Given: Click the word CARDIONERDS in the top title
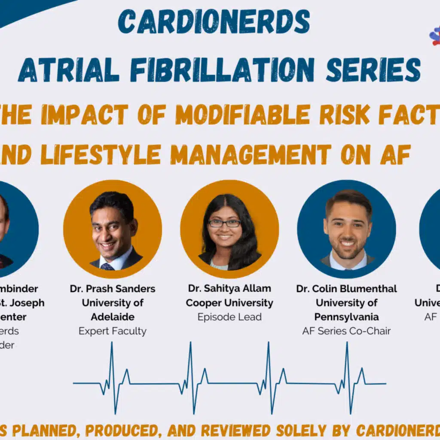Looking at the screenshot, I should tap(214, 21).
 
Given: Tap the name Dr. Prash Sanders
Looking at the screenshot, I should tap(113, 289).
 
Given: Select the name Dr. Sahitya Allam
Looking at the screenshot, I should tap(229, 289).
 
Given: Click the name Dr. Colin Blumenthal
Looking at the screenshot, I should tap(346, 289).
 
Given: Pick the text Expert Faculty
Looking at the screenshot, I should tap(113, 331).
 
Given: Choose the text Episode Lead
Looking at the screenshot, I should tap(229, 317).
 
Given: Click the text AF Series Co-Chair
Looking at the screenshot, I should tap(346, 331).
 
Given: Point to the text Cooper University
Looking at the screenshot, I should tap(229, 303).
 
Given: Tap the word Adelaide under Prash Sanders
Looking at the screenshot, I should tap(113, 317).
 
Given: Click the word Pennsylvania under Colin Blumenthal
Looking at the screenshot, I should tap(346, 317).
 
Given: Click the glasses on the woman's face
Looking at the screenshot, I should tap(224, 223).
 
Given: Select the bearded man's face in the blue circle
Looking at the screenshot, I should tap(346, 228).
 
